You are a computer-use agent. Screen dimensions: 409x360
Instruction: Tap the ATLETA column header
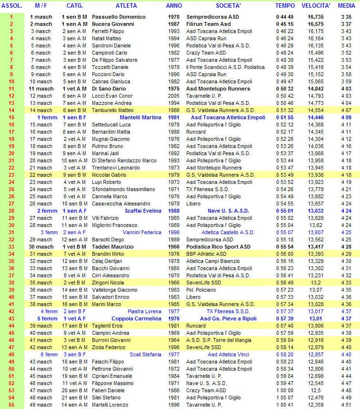coord(126,6)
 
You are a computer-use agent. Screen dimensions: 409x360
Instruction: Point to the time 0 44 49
coord(285,16)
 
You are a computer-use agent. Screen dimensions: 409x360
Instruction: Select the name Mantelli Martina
coord(138,117)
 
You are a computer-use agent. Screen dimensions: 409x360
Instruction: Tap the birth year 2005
coord(174,95)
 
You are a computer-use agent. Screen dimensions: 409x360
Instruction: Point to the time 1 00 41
coord(285,405)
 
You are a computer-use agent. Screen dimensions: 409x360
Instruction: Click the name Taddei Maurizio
coord(113,246)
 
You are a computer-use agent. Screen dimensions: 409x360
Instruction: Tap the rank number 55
coord(11,405)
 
